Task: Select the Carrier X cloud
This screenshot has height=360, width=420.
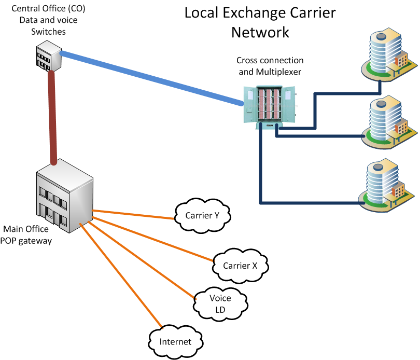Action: tap(240, 265)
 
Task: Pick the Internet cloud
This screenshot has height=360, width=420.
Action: tap(175, 341)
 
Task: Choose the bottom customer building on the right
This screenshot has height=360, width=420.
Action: tap(386, 186)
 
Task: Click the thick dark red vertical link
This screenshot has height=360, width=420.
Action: tap(51, 117)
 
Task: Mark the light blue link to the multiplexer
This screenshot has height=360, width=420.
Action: tap(150, 78)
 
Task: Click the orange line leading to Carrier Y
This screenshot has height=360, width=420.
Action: tap(132, 214)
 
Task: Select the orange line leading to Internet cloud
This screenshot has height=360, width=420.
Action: tap(119, 274)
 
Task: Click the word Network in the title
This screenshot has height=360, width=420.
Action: tap(260, 32)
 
